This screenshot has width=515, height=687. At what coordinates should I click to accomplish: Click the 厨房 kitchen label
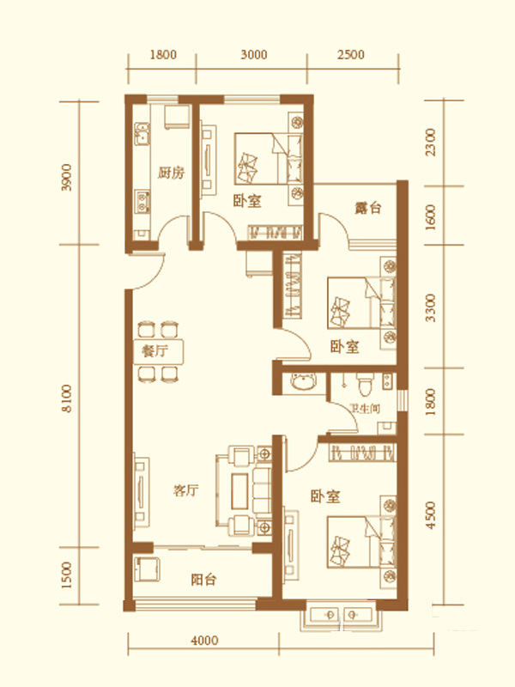pos(171,173)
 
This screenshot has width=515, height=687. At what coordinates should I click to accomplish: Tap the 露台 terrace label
pos(367,207)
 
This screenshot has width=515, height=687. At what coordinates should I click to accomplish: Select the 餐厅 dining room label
pos(154,351)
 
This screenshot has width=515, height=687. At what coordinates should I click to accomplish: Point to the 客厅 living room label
pos(185,489)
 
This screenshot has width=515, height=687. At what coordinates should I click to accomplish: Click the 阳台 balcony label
pos(203,580)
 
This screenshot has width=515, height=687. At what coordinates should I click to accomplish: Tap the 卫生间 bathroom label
pos(366,409)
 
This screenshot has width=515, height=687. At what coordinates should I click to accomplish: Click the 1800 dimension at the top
pos(163,55)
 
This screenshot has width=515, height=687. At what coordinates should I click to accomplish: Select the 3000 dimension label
pos(253,55)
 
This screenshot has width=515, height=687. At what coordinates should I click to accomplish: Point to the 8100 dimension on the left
pos(67,398)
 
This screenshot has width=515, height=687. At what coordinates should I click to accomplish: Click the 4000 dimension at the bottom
pos(204,641)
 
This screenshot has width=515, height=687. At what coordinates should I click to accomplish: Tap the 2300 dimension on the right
pos(431,142)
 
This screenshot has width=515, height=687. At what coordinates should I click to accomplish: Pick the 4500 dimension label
pos(431,515)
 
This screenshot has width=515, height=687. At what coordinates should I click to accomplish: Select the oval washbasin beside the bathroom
pos(304,381)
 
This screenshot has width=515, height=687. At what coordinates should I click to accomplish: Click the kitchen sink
pos(142,134)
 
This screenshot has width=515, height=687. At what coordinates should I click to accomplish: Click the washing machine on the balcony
pos(148,569)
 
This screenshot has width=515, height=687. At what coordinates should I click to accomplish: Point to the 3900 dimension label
pos(67,177)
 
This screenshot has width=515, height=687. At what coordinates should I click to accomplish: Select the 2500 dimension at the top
pos(351,55)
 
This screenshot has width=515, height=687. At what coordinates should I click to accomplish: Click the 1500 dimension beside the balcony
pos(67,575)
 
